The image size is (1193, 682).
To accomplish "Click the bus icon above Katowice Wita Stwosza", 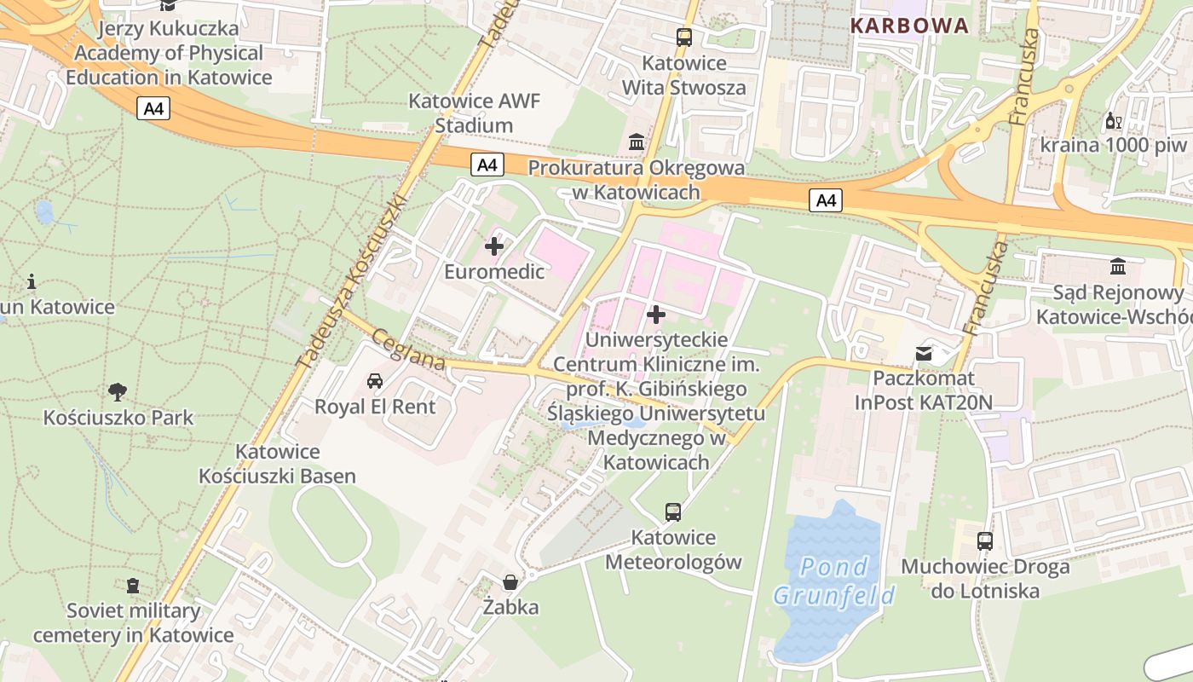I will (x=683, y=38).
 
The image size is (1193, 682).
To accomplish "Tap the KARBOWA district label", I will (x=910, y=26).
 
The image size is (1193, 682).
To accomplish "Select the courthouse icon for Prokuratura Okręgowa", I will (x=636, y=142).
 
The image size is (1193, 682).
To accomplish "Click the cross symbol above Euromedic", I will (x=493, y=247).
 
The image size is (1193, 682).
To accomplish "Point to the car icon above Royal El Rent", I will (x=374, y=380).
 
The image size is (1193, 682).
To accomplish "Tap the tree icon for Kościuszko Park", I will (x=118, y=392).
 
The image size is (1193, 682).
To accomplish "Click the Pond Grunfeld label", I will (x=834, y=581).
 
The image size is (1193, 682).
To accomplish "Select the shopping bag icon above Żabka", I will (x=510, y=582).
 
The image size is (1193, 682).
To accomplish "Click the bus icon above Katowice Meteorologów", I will (x=673, y=512).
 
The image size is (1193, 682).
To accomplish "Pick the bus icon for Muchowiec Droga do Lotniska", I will (x=984, y=540).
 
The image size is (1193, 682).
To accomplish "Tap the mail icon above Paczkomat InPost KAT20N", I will (x=924, y=352).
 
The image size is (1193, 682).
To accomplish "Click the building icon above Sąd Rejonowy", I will (x=1118, y=267).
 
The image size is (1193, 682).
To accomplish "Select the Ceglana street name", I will (x=408, y=350).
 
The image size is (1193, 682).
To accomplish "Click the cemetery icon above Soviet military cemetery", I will (x=133, y=586).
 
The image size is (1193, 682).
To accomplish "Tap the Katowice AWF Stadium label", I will (x=474, y=113).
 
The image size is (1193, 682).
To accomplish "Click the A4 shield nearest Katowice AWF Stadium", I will (x=487, y=165).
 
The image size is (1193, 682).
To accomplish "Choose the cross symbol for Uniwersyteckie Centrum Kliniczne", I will (x=655, y=315).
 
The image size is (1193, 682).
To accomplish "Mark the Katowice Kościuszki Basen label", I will (x=277, y=464).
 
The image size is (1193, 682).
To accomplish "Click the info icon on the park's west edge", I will (x=32, y=280).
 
